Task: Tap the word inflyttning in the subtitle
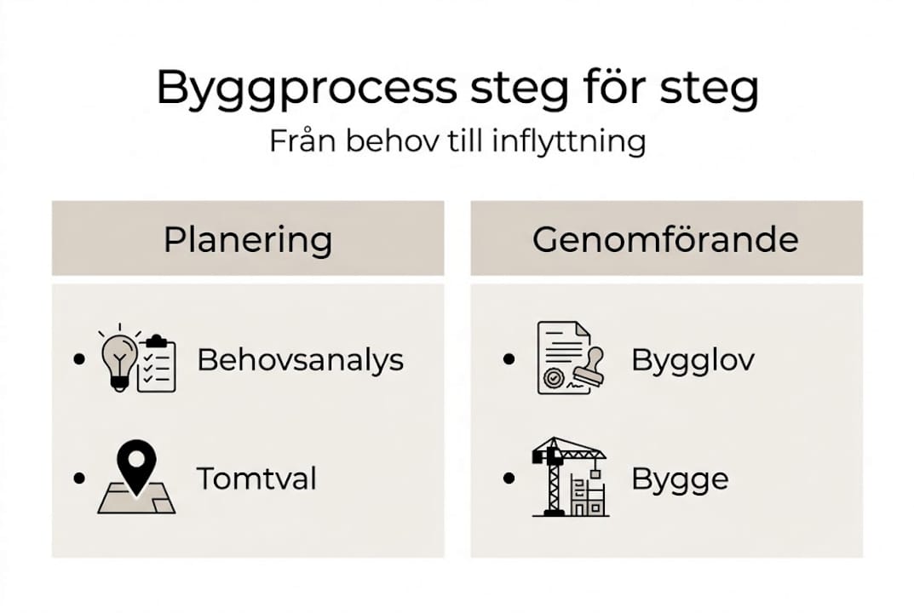[569, 141]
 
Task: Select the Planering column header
[247, 239]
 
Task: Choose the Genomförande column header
[665, 239]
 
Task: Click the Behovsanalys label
[300, 359]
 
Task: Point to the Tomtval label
[256, 478]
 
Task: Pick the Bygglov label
[693, 359]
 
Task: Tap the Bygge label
[680, 478]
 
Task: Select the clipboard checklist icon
[157, 364]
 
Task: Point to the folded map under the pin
[136, 500]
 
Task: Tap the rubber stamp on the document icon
[587, 366]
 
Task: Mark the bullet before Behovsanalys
[80, 359]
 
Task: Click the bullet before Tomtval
[80, 478]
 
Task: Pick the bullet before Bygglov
[509, 359]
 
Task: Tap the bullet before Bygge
[509, 478]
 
